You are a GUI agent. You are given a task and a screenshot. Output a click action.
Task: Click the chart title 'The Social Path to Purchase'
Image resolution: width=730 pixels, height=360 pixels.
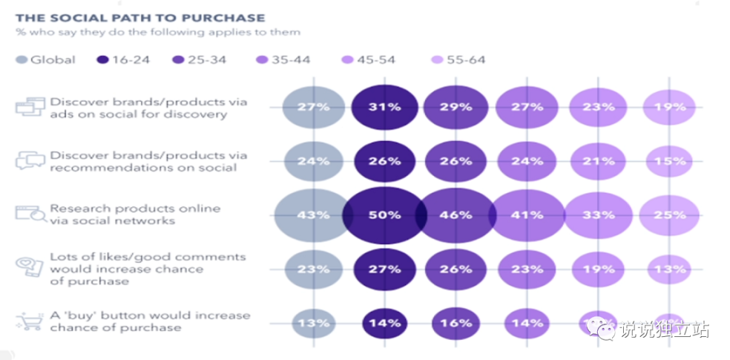pyautogui.click(x=140, y=16)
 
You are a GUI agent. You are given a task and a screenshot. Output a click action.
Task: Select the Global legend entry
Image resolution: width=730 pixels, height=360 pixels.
pyautogui.click(x=45, y=59)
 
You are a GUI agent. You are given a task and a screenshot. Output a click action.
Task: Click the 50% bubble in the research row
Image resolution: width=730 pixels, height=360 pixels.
pyautogui.click(x=384, y=215)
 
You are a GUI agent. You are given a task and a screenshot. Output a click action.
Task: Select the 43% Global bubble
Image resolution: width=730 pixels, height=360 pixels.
pyautogui.click(x=313, y=215)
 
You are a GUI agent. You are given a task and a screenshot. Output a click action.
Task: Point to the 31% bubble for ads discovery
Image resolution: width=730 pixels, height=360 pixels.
pyautogui.click(x=384, y=107)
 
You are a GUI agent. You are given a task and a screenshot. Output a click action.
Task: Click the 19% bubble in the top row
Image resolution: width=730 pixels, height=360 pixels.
pyautogui.click(x=669, y=107)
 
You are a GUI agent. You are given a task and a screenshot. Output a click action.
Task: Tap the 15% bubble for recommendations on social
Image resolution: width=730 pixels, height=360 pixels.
pyautogui.click(x=669, y=161)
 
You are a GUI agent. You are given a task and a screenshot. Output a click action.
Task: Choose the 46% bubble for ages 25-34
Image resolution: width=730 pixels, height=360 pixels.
pyautogui.click(x=456, y=215)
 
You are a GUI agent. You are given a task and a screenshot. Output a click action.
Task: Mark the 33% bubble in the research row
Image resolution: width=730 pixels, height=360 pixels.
pyautogui.click(x=598, y=215)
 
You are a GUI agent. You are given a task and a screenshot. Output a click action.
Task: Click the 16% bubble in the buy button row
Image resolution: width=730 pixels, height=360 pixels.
pyautogui.click(x=456, y=324)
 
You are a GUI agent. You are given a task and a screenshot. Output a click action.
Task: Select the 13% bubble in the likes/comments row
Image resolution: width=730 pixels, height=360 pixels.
pyautogui.click(x=669, y=269)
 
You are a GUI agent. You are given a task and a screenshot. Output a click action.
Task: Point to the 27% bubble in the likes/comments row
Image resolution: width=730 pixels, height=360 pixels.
pyautogui.click(x=384, y=269)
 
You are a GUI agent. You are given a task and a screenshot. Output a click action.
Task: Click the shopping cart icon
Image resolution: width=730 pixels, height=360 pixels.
pyautogui.click(x=30, y=322)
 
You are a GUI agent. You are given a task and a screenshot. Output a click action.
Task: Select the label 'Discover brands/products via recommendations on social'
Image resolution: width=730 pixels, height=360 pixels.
pyautogui.click(x=148, y=161)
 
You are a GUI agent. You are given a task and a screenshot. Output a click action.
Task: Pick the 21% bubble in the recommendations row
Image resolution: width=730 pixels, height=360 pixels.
pyautogui.click(x=598, y=161)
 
